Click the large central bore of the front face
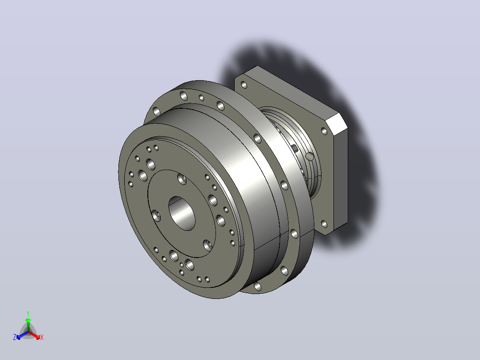182,213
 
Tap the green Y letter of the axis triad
28,313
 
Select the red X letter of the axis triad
42,337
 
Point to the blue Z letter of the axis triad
14,337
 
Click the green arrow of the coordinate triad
28,325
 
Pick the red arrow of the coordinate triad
34,335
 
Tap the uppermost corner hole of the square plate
244,85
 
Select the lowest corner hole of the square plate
324,224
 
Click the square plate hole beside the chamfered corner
324,131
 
